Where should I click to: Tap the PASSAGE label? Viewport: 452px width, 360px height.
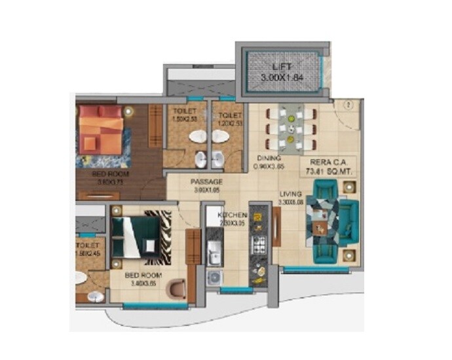(x=206, y=182)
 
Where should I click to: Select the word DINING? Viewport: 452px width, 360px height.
(x=269, y=158)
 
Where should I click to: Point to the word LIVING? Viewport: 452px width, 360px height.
(x=290, y=194)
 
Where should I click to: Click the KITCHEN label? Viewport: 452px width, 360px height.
(x=233, y=215)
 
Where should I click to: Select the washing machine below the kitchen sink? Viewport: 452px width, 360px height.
(x=214, y=277)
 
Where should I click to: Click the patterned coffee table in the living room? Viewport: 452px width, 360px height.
(x=320, y=217)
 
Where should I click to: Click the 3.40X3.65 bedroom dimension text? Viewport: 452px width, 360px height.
(x=143, y=284)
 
